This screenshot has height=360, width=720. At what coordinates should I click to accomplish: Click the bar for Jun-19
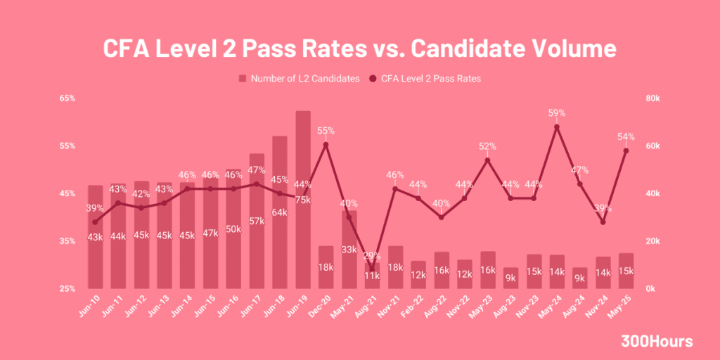[x=303, y=211]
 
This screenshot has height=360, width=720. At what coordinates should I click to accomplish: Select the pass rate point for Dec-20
[x=326, y=145]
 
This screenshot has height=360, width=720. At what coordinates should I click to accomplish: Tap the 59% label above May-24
[x=557, y=112]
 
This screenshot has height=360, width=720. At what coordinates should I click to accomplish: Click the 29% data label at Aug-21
[x=371, y=256]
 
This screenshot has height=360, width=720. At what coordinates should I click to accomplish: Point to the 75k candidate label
[x=303, y=200]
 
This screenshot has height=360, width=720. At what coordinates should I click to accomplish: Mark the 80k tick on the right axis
[x=652, y=98]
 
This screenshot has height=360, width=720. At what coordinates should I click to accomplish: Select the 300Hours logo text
[x=657, y=342]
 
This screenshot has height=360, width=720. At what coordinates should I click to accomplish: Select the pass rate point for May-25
[x=626, y=150]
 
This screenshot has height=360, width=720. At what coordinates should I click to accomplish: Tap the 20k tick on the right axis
[x=652, y=241]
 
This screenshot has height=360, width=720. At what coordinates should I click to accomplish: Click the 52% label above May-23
[x=488, y=146]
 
